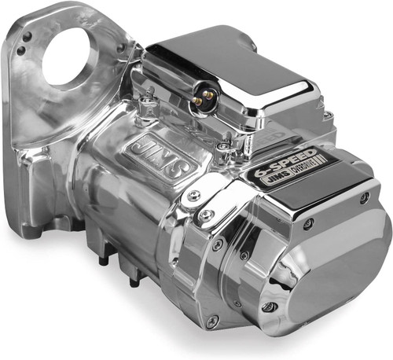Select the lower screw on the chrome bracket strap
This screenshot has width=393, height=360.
point(207,214)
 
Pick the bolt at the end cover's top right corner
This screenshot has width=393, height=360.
point(363,197)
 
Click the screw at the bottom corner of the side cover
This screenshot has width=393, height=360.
point(211,321)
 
